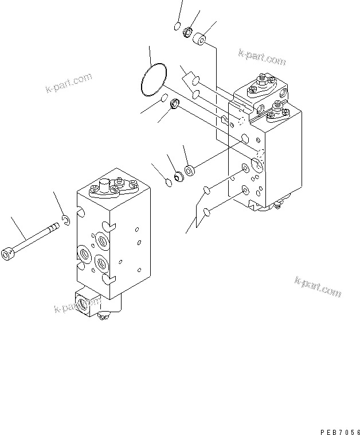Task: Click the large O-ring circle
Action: point(153,80)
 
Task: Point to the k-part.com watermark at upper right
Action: point(262,57)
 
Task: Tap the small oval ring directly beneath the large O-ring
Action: point(163,99)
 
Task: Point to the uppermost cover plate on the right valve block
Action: point(259,88)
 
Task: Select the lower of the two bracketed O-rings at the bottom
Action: point(208,212)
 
